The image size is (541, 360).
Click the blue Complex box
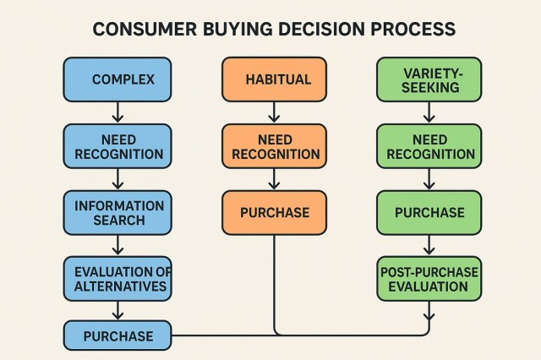pyautogui.click(x=117, y=79)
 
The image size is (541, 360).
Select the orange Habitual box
pyautogui.click(x=274, y=79)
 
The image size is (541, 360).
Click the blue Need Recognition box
pyautogui.click(x=117, y=145)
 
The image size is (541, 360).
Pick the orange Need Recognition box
pyautogui.click(x=274, y=145)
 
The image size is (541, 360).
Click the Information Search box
pyautogui.click(x=117, y=211)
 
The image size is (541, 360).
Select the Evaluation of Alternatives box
pyautogui.click(x=117, y=278)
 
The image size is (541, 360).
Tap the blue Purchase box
pyautogui.click(x=117, y=335)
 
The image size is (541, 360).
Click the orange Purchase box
pyautogui.click(x=274, y=211)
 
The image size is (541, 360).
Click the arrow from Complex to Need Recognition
pyautogui.click(x=117, y=112)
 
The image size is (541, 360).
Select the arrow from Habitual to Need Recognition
pyautogui.click(x=274, y=112)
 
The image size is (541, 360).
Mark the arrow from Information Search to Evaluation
pyautogui.click(x=117, y=244)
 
